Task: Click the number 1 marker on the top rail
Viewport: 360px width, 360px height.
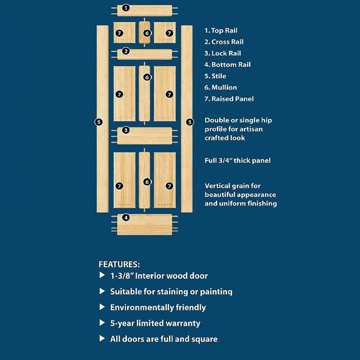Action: [x=125, y=8]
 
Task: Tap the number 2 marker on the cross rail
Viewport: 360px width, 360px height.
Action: [x=125, y=51]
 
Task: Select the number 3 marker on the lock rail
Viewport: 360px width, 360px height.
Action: [x=125, y=130]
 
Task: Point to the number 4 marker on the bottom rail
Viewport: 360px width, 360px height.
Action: [x=125, y=218]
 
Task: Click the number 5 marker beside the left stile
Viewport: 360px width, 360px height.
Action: [x=99, y=122]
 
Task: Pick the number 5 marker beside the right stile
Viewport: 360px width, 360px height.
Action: [x=190, y=122]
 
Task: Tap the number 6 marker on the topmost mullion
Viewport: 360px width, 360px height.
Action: [x=147, y=33]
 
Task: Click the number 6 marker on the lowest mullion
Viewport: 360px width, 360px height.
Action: [x=147, y=182]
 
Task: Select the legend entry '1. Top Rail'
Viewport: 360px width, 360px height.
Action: [x=221, y=31]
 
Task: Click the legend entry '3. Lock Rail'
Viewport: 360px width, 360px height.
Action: [x=223, y=53]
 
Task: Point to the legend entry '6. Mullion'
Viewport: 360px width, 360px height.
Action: [x=220, y=88]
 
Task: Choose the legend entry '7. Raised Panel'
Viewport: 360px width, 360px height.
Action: [x=229, y=99]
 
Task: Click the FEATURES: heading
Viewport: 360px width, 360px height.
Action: [x=119, y=264]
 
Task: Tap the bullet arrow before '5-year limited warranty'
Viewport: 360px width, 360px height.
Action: [x=102, y=323]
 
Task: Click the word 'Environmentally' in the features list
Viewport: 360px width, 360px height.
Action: [x=140, y=308]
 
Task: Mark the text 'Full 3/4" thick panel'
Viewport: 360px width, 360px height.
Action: [x=237, y=160]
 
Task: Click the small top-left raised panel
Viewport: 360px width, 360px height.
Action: [x=124, y=33]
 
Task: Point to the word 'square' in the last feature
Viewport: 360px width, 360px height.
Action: [x=205, y=339]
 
